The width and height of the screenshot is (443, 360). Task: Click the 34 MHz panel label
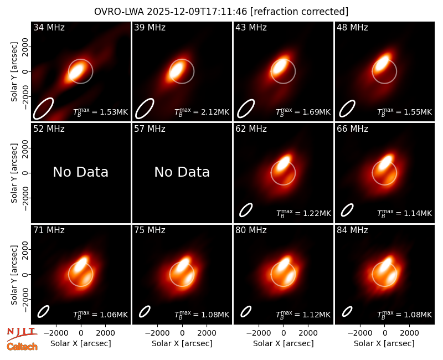point(49,27)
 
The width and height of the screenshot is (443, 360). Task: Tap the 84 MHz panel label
point(352,230)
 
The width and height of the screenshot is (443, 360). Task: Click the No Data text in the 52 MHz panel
point(81,172)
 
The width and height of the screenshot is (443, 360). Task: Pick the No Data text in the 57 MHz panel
point(182,172)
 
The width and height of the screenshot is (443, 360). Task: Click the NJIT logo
point(22,334)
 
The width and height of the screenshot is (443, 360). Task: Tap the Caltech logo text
point(22,347)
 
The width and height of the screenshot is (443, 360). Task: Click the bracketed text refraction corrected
point(300,12)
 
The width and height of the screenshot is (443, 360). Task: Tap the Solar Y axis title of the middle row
point(14,173)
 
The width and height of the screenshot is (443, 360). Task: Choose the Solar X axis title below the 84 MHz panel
point(384,343)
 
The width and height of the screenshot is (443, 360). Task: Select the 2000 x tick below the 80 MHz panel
point(308,333)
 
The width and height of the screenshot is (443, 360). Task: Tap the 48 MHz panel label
point(352,27)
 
